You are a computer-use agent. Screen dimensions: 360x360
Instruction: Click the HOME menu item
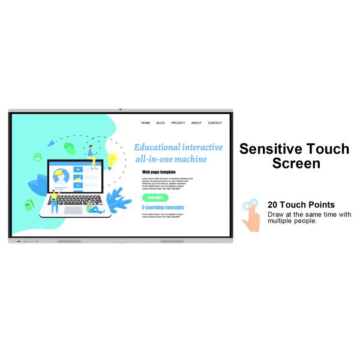(146, 123)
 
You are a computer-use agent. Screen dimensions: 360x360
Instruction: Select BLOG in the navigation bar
(161, 123)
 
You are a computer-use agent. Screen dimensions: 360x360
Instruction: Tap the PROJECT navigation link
(178, 123)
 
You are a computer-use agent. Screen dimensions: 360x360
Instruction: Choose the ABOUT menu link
(196, 123)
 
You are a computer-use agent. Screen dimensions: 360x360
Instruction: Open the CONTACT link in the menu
(215, 123)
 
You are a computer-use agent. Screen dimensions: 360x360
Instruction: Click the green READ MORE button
(155, 197)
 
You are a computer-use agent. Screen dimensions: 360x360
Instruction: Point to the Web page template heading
(159, 172)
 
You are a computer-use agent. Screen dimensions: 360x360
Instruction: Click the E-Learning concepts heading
(163, 208)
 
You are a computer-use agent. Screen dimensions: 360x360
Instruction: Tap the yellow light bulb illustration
(112, 160)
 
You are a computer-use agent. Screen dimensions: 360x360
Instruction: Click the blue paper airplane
(51, 143)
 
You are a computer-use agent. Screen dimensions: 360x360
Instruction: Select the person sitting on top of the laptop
(92, 154)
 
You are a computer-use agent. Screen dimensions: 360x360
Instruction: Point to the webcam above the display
(121, 110)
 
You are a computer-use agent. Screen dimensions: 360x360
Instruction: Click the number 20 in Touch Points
(274, 205)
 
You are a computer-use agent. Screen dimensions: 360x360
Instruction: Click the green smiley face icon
(37, 157)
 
